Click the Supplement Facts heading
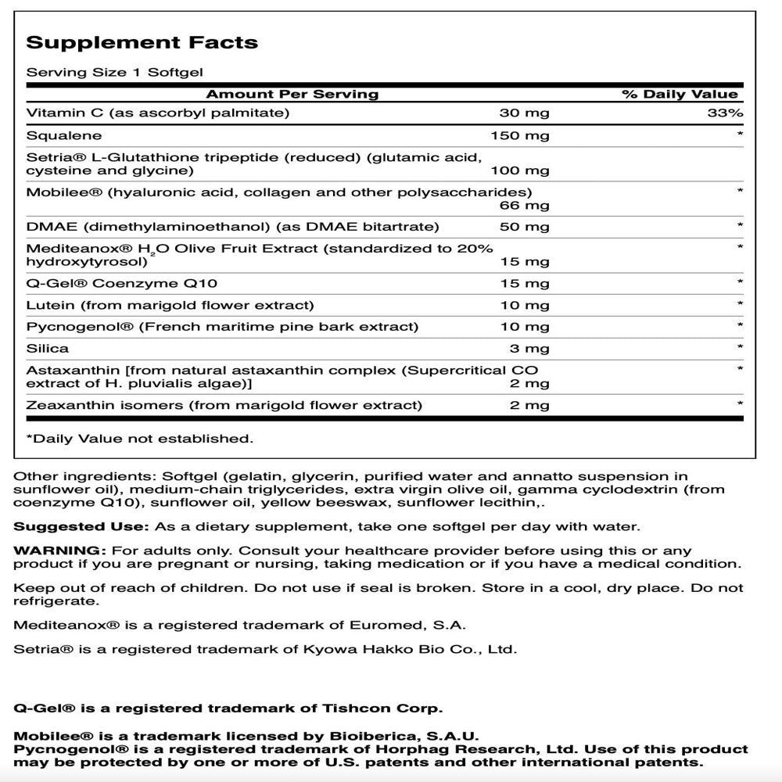pyautogui.click(x=142, y=42)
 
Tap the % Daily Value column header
pyautogui.click(x=680, y=95)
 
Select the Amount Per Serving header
pyautogui.click(x=292, y=95)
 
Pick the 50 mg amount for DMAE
pyautogui.click(x=524, y=227)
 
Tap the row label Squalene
pyautogui.click(x=56, y=135)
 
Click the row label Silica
pyautogui.click(x=48, y=348)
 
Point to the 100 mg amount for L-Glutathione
pyautogui.click(x=519, y=170)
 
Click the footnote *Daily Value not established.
pyautogui.click(x=140, y=439)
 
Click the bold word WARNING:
pyautogui.click(x=59, y=551)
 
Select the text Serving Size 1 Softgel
pyautogui.click(x=114, y=72)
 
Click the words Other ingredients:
pyautogui.click(x=85, y=475)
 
